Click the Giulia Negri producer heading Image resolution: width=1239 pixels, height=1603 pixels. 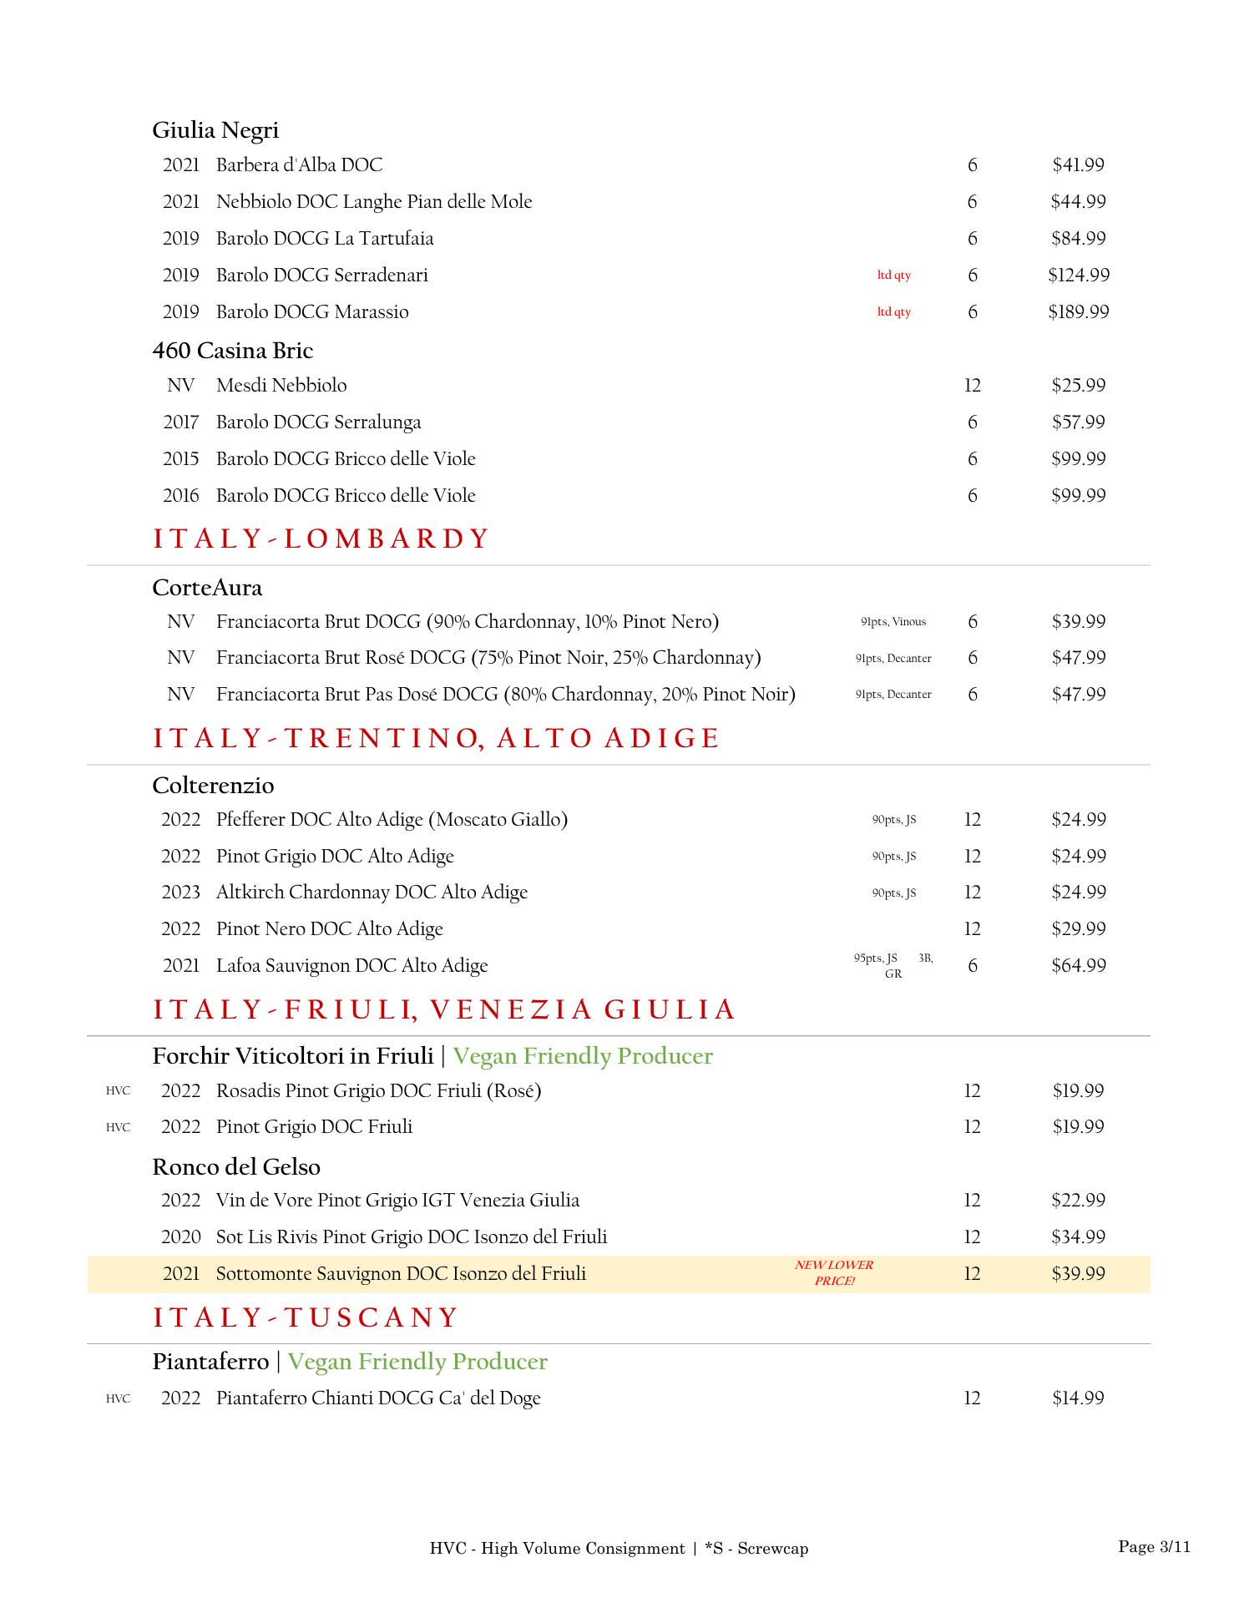coord(215,130)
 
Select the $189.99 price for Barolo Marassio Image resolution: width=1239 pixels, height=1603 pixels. coord(1078,312)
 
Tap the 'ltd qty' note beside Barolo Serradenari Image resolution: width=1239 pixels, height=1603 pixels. coord(893,276)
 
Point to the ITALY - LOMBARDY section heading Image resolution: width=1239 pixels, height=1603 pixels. coord(320,539)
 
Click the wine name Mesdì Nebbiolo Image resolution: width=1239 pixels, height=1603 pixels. coord(281,386)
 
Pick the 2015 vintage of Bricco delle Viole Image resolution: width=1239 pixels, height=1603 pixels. coord(180,459)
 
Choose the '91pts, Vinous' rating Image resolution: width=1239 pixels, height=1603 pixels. coord(893,622)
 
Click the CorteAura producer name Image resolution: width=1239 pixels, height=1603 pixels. coord(207,588)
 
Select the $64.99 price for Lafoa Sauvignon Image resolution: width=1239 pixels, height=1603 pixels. coord(1078,966)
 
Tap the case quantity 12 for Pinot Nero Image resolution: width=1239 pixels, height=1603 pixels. coord(972,929)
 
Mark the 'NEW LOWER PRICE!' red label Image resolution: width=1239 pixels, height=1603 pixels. coord(834,1273)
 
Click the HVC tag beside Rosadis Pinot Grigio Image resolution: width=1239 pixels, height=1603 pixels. coord(118,1091)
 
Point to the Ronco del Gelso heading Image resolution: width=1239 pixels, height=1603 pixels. coord(236,1167)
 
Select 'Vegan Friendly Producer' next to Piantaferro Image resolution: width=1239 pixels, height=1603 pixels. coord(417,1362)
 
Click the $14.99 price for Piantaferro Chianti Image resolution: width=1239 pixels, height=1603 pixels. coord(1078,1398)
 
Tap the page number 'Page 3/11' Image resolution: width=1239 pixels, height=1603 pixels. coord(1154,1547)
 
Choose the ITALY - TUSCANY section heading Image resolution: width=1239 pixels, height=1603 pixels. coord(306,1318)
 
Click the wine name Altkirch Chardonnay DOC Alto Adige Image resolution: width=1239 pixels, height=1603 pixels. coord(372,893)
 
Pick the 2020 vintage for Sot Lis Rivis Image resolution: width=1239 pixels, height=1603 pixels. coord(180,1237)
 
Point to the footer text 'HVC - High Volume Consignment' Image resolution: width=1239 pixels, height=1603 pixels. coord(557,1549)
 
